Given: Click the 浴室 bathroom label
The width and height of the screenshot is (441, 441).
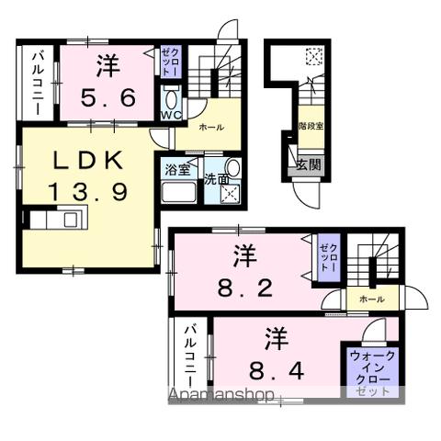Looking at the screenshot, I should coord(177,169).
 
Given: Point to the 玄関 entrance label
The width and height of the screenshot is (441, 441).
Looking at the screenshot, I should coord(308,165).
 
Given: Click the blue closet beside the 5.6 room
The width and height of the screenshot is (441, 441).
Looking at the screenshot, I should coord(171,64).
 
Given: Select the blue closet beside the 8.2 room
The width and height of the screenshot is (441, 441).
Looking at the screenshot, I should coord(328,255).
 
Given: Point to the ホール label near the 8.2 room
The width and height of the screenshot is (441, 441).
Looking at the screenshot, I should coord(372,300).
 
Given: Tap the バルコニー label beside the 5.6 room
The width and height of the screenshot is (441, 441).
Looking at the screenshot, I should coord(39,84).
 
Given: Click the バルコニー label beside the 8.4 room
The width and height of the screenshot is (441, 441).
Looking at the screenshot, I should coord(189,358).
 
